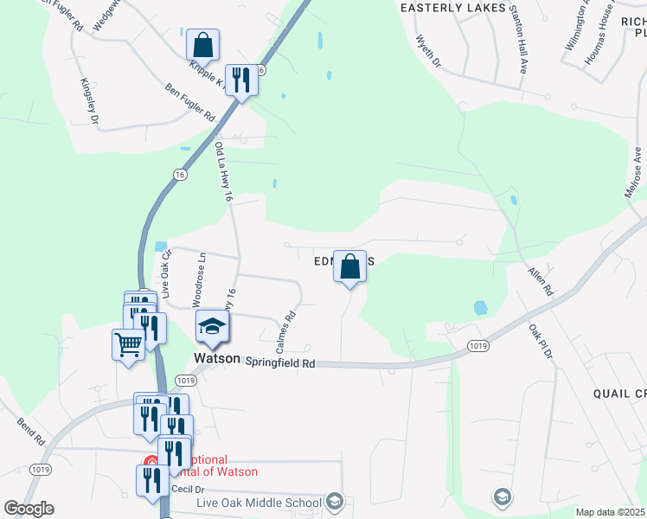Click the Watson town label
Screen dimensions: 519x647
pos(216,357)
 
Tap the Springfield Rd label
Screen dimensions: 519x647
pos(279,363)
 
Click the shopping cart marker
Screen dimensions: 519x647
pos(129,345)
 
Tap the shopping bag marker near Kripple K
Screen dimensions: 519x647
pos(202,45)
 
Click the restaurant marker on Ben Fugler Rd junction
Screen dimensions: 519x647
pos(241,81)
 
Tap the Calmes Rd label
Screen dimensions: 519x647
pos(286,332)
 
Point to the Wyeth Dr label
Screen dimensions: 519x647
pos(428,52)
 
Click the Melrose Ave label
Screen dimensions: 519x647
pos(635,172)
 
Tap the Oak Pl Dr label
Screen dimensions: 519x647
pos(541,345)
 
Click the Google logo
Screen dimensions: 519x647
pos(29,509)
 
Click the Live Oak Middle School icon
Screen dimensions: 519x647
pos(335,502)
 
